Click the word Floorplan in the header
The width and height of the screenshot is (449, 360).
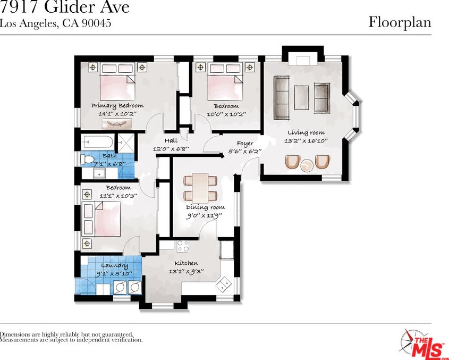point(399,22)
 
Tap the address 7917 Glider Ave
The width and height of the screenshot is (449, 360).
point(64,7)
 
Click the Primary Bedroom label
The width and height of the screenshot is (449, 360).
point(117,106)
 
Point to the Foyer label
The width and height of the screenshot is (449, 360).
point(244,144)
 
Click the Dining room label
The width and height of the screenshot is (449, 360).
point(205,207)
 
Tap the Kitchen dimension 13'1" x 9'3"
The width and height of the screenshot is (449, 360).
point(187,272)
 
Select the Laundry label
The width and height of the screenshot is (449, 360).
point(115,265)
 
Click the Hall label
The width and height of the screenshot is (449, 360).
point(171,141)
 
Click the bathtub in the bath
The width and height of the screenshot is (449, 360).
point(98,142)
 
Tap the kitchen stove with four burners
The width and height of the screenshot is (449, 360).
point(183,246)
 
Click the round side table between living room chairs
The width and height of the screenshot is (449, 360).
point(308,165)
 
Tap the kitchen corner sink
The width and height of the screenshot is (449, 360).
point(224,285)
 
